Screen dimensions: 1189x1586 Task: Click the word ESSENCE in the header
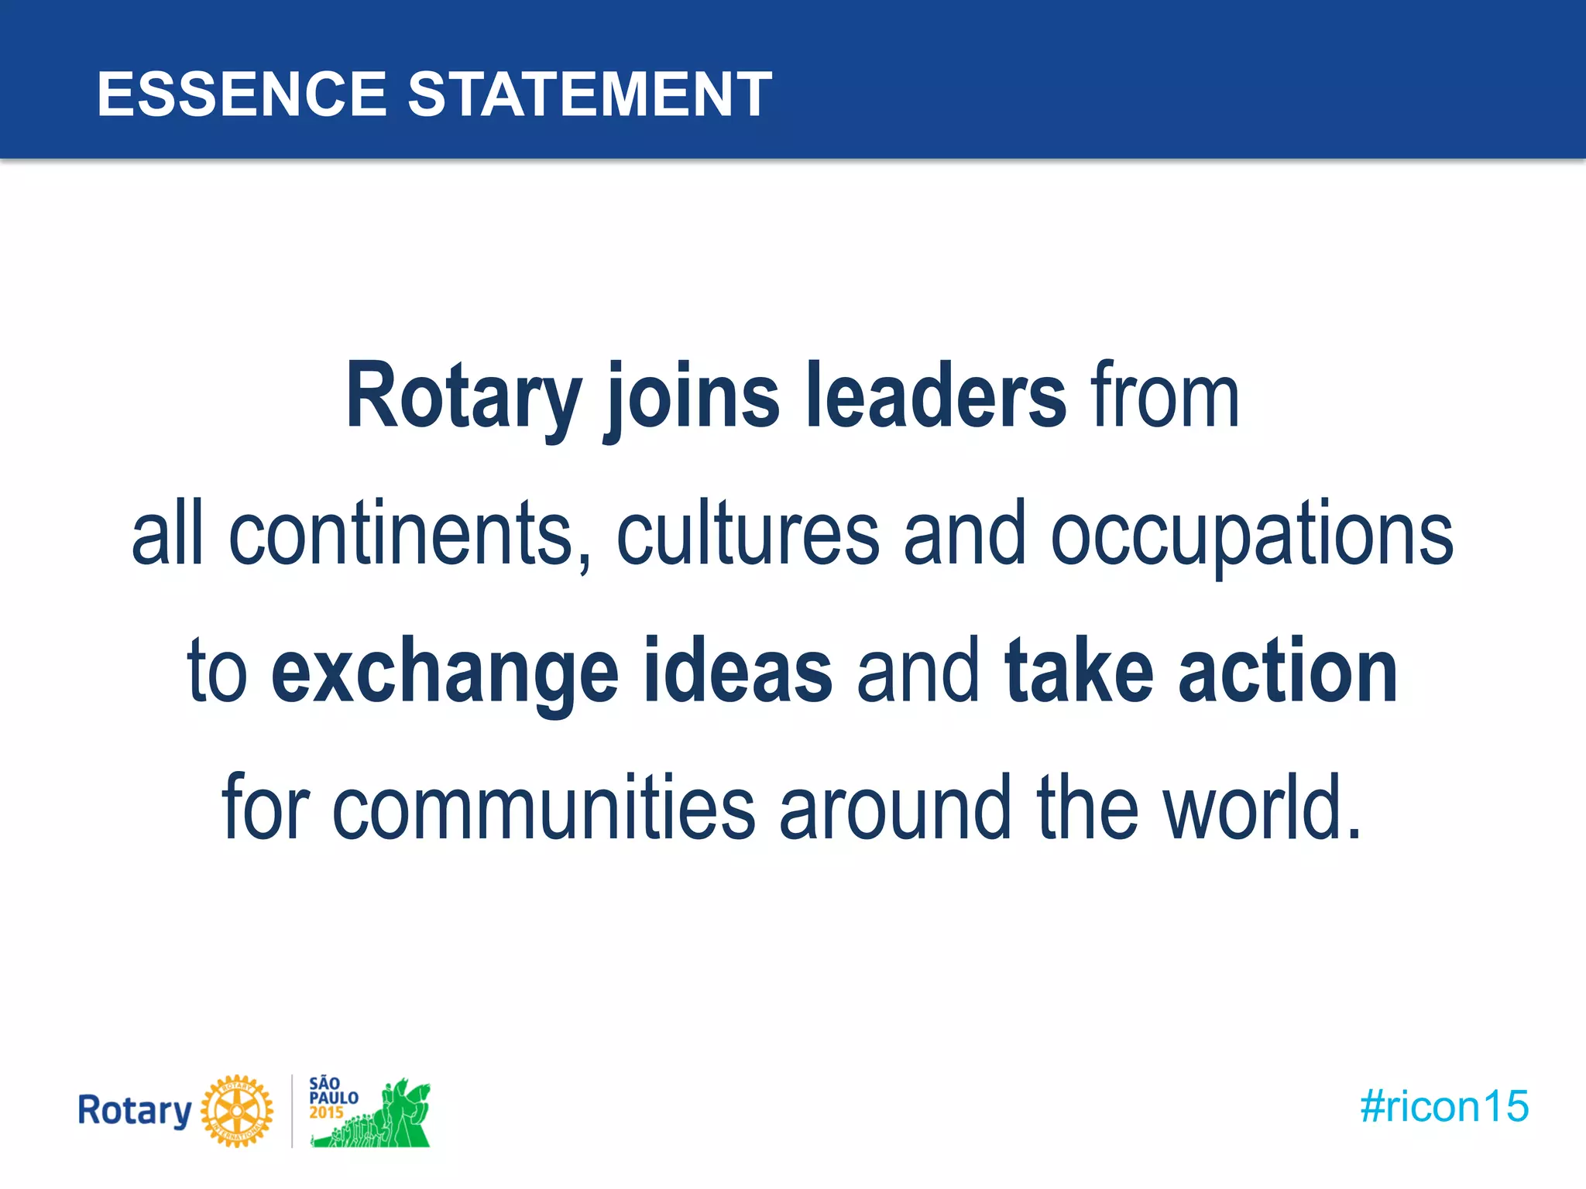pos(241,94)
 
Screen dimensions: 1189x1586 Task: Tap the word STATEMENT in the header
pos(589,94)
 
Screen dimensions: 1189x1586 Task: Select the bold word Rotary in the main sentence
pos(463,396)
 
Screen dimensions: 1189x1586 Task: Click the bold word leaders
pos(935,396)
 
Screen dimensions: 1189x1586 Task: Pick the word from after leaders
pos(1165,396)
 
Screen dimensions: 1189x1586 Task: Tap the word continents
pos(400,533)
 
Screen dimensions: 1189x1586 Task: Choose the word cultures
pos(748,533)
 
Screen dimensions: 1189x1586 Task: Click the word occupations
pos(1251,533)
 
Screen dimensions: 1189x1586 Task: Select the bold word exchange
pos(445,671)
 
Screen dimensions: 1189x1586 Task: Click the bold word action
pos(1288,671)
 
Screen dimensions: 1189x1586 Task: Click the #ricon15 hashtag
pos(1444,1106)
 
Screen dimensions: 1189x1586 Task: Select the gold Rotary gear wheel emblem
pos(237,1111)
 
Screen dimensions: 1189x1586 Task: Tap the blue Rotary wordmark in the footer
pos(135,1111)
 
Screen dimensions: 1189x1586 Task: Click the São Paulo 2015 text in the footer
pos(333,1098)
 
